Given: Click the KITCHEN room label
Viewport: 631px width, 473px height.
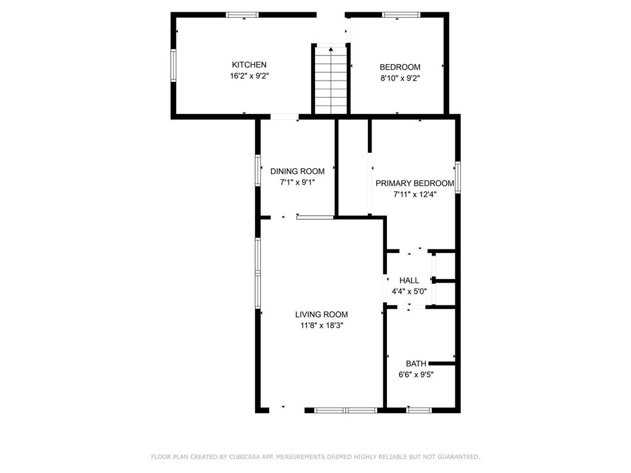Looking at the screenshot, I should pyautogui.click(x=249, y=65).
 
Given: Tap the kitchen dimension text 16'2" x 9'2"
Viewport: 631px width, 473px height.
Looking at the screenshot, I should pyautogui.click(x=249, y=76).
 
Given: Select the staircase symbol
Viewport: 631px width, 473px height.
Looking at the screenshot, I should pyautogui.click(x=331, y=80).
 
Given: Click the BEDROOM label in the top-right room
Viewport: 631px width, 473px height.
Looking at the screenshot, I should pyautogui.click(x=400, y=67).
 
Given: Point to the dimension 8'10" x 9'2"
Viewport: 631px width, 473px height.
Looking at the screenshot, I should pyautogui.click(x=400, y=78).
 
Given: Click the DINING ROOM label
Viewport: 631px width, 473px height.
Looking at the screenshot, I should pyautogui.click(x=298, y=171).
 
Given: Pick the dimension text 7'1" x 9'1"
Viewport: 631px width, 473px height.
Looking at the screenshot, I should pyautogui.click(x=298, y=182).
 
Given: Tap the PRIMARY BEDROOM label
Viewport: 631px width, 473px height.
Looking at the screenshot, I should pyautogui.click(x=415, y=183).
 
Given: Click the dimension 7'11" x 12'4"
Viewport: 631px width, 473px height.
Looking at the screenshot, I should pyautogui.click(x=415, y=194).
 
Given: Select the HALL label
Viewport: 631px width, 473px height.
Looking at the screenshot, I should pyautogui.click(x=409, y=280).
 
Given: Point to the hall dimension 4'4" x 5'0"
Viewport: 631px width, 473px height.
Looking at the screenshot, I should pyautogui.click(x=409, y=291).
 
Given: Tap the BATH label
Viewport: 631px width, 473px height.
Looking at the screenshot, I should pyautogui.click(x=416, y=363).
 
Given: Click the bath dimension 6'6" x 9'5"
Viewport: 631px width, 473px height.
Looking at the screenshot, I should pyautogui.click(x=416, y=374).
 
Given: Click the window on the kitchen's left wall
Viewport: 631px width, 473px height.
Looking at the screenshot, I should pyautogui.click(x=174, y=65).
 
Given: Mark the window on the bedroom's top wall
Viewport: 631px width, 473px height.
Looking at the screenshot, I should pyautogui.click(x=401, y=15).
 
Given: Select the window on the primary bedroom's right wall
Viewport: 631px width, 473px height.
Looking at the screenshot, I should pyautogui.click(x=458, y=178).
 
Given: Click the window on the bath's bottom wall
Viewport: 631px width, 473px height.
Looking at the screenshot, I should pyautogui.click(x=418, y=410).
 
